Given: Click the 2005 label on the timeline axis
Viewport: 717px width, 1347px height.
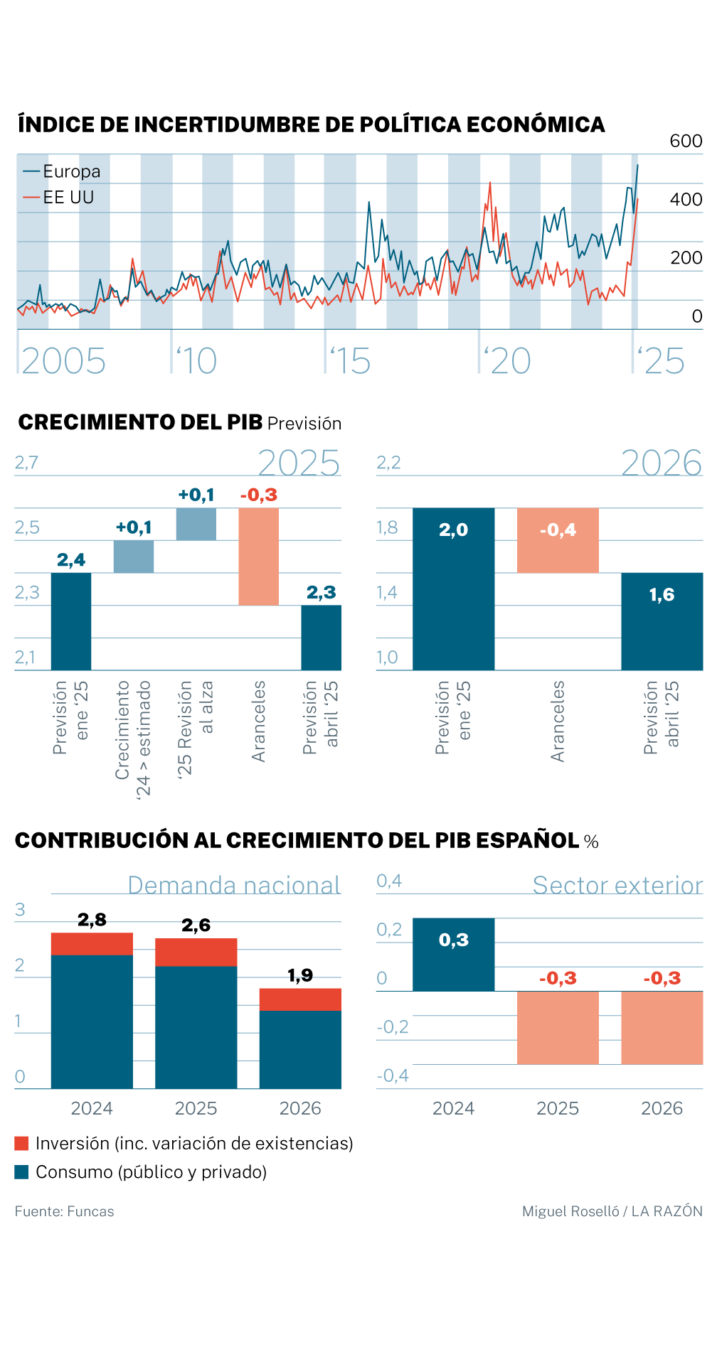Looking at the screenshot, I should coord(64,361).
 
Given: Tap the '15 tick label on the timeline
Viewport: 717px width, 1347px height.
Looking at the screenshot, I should coord(351,361).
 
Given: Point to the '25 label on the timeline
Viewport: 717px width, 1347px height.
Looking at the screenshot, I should coord(662,361).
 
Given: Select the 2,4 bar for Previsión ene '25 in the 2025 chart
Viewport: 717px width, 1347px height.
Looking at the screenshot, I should coord(71,621).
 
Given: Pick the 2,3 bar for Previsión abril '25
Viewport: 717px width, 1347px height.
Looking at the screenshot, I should coord(321,638).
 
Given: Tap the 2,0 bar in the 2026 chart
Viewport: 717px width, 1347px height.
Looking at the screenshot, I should coord(453,589).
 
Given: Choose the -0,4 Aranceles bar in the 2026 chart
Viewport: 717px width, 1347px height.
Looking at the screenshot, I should coord(558,540).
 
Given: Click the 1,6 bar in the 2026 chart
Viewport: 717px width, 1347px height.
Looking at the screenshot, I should coord(662,621).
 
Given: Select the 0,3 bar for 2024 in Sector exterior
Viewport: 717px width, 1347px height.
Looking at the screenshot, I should coord(453,954).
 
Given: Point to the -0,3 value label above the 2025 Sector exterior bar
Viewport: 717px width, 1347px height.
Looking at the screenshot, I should coord(558,979).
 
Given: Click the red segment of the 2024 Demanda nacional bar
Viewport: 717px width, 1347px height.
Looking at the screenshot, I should coord(92,943).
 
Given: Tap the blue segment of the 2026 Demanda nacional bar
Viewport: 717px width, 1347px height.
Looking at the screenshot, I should coord(300,1049).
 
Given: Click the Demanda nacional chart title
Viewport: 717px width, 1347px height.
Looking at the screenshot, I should coord(234,885).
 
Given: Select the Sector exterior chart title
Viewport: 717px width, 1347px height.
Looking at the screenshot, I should coord(617,885).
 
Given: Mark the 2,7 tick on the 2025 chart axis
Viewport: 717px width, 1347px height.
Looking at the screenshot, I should coord(27,463).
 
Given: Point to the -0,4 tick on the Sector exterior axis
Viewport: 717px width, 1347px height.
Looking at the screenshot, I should coord(393,1075).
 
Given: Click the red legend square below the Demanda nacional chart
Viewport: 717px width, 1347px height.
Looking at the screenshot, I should coord(21,1143).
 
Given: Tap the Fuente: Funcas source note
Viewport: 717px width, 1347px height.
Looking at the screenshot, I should coord(64,1211).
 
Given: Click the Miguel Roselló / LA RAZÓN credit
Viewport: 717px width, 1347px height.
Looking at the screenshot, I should coord(612,1211).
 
